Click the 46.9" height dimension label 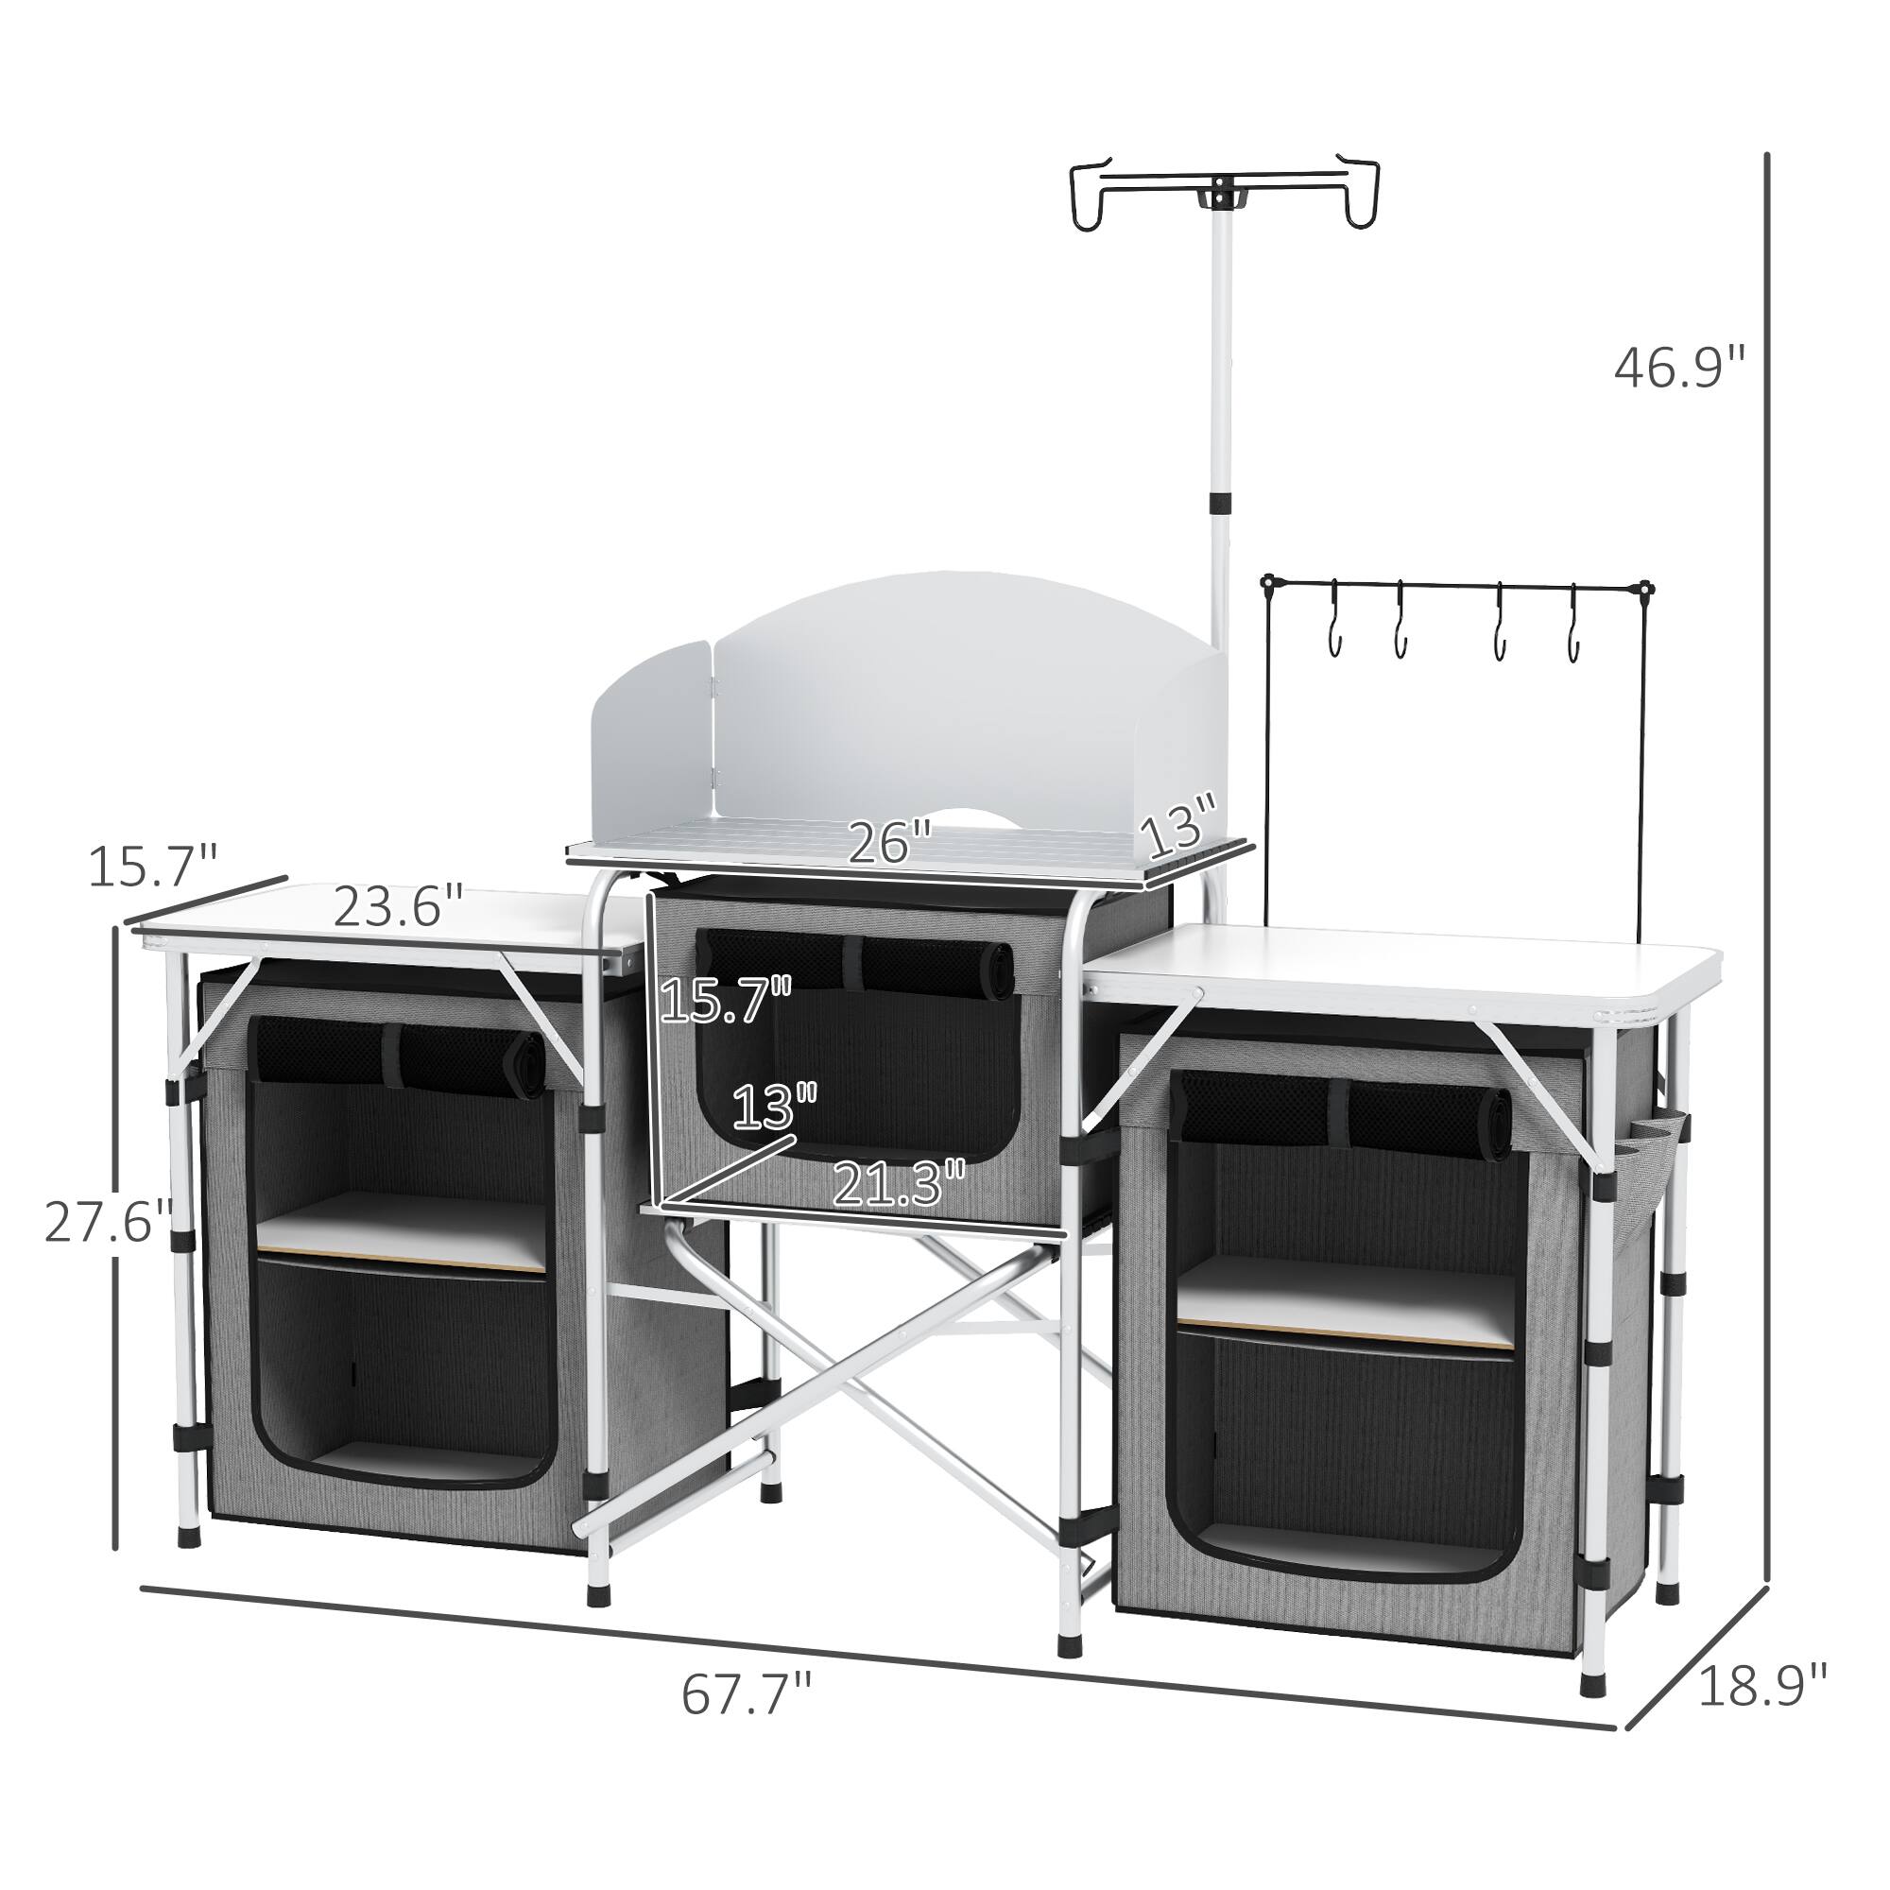click(1678, 369)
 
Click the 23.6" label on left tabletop click(397, 907)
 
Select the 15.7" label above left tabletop click(151, 866)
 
